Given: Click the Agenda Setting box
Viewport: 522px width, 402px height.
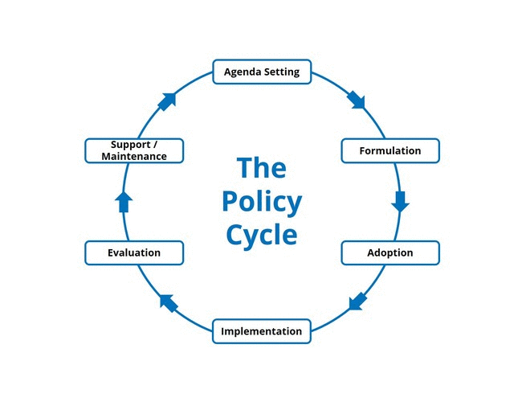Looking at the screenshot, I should [x=261, y=72].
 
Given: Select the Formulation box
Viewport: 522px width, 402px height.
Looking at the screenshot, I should [x=390, y=150].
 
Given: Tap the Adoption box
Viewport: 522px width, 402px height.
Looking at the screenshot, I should [x=390, y=252].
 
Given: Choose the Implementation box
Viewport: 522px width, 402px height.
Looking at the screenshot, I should [x=261, y=331].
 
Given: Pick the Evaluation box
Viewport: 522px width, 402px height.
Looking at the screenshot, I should [x=134, y=252].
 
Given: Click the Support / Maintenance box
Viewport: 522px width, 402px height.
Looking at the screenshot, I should [x=134, y=150].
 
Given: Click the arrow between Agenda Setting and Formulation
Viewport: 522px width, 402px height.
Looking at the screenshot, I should [x=356, y=100].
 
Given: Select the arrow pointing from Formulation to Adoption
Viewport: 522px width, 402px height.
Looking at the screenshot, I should [x=400, y=201].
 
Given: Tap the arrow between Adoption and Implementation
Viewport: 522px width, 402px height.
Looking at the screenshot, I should [x=357, y=302].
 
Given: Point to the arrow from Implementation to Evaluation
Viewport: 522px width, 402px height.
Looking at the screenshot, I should [x=168, y=302].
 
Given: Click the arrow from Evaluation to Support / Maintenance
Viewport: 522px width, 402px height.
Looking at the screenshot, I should [x=124, y=202].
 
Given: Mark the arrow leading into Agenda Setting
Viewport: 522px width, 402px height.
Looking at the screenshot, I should [x=167, y=101].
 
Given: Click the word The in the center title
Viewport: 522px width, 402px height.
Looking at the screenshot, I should [x=261, y=168].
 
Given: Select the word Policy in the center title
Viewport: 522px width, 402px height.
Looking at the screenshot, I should [x=261, y=201].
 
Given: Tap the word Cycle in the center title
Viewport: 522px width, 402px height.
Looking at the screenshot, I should [x=261, y=234].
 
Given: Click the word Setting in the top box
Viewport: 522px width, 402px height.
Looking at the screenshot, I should [x=281, y=72].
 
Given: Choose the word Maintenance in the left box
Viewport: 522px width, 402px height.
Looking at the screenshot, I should [x=134, y=156].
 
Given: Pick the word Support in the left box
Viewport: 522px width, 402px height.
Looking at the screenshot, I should [x=130, y=145].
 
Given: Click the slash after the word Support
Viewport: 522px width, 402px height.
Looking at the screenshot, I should [x=155, y=145].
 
